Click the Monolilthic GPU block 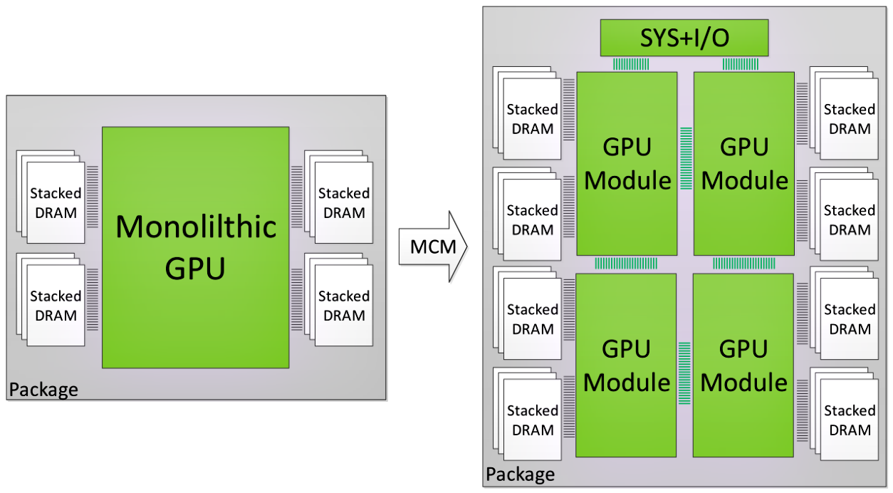coord(195,247)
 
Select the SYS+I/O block coord(684,38)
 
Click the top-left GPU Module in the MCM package coord(627,163)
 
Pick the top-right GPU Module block coord(744,163)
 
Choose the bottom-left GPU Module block coord(627,365)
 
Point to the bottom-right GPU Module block coord(744,365)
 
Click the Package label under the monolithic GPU coord(43,390)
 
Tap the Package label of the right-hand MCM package coord(521,474)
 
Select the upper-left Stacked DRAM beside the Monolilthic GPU coord(55,202)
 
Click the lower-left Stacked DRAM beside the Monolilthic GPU coord(55,305)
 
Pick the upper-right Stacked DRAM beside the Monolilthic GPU coord(343,202)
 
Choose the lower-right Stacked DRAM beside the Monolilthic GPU coord(343,305)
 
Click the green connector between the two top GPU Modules coord(686,158)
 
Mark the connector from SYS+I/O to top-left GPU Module coord(631,64)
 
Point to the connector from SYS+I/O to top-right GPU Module coord(741,64)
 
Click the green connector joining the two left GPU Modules coord(627,264)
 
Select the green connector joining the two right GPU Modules coord(744,264)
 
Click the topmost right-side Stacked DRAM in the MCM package coord(848,118)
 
